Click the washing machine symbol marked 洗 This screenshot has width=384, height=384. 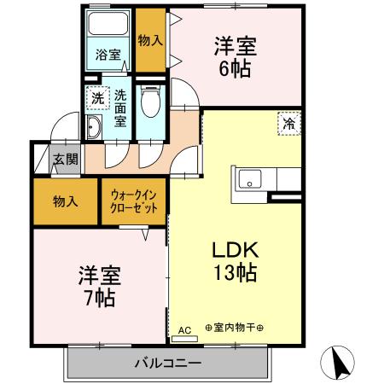(x=99, y=98)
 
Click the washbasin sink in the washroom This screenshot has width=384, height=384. (x=93, y=128)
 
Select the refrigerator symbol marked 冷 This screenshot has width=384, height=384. (x=288, y=125)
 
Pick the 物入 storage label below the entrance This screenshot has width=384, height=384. (x=66, y=202)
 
